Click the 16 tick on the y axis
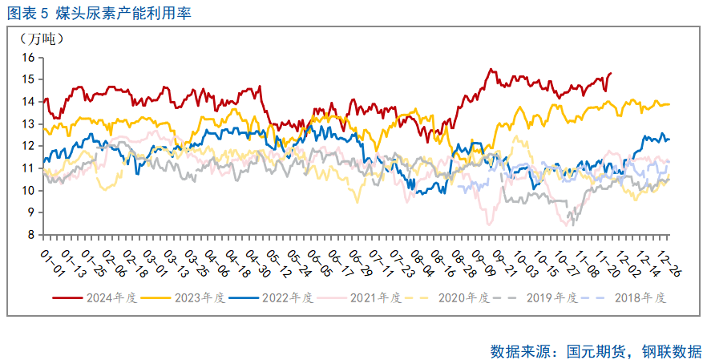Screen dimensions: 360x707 [30, 57]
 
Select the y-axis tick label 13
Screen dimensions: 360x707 [30, 123]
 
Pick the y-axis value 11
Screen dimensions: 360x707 [30, 168]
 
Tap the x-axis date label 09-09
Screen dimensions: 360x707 [483, 257]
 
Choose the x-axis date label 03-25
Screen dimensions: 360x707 [196, 257]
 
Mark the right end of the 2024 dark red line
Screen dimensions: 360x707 [612, 73]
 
